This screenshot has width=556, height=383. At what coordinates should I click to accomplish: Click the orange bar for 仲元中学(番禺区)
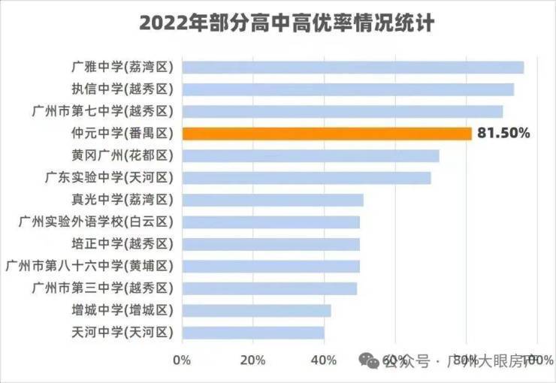click(327, 134)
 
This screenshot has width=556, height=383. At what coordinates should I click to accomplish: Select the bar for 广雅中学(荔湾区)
click(353, 68)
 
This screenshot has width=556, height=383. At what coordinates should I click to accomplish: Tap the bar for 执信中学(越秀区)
click(348, 89)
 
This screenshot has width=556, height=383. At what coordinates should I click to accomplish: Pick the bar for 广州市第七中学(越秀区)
click(343, 112)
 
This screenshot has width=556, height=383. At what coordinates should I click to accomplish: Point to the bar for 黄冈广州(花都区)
click(310, 156)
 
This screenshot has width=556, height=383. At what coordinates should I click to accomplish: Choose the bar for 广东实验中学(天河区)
click(307, 178)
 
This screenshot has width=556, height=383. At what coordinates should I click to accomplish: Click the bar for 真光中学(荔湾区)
click(273, 200)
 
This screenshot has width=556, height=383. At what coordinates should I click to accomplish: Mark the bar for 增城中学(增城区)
click(256, 310)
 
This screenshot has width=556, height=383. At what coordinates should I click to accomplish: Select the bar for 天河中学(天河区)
click(253, 332)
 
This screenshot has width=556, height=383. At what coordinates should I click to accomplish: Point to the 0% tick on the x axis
click(182, 360)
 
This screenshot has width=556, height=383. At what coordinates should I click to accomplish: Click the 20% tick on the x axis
click(253, 360)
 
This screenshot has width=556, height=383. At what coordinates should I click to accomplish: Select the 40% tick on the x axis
click(324, 360)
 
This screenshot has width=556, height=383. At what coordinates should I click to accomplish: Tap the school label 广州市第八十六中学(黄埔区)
click(89, 266)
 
